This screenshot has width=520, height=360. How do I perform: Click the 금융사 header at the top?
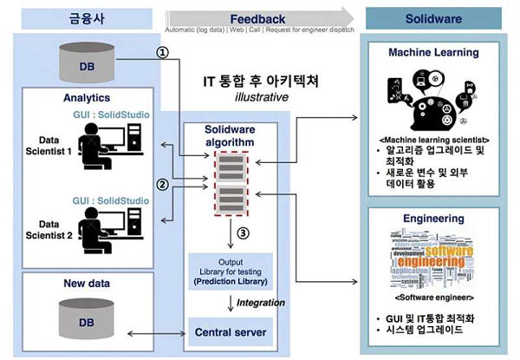click(x=80, y=17)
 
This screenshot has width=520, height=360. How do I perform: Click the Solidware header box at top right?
click(x=433, y=17)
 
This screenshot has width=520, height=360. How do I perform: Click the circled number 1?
click(x=160, y=51)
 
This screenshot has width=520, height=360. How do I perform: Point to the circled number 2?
click(x=160, y=184)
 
